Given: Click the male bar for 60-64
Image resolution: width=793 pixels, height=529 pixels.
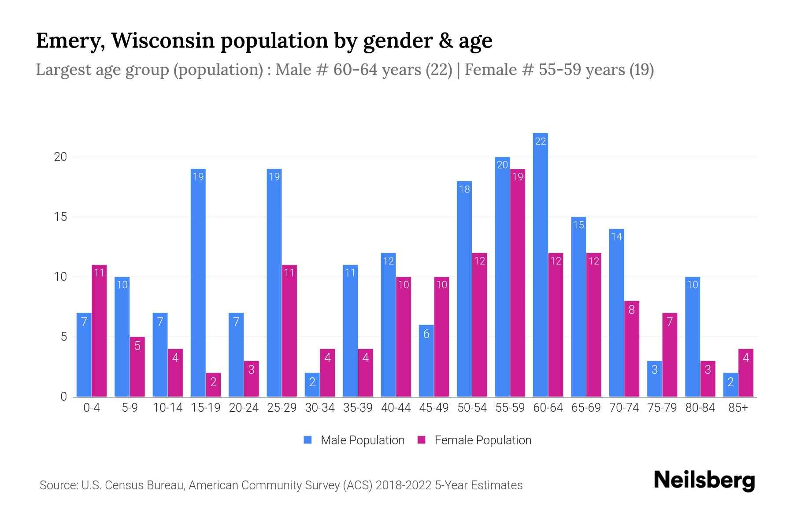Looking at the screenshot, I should coord(540,264).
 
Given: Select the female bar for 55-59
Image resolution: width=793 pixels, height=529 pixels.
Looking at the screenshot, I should coord(518,282).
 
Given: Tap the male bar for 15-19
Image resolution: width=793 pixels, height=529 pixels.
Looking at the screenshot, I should coord(198,282).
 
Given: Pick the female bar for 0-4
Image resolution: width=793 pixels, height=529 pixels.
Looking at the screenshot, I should coord(99,331).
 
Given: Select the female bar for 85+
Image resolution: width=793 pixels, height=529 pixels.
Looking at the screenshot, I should coord(746,373).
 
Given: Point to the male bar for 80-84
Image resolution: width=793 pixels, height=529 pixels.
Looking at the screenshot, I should coord(693,337).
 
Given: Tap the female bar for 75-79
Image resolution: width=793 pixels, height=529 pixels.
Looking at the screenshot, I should coord(670,355).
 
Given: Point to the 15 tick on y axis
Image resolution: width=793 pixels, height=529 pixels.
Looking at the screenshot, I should coord(60,217).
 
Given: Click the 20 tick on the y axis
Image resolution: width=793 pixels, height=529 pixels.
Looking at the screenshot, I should coord(60,157).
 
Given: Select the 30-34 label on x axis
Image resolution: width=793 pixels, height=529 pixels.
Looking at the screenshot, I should coord(320,408).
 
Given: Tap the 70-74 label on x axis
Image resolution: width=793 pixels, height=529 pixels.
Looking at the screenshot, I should coord(624,408).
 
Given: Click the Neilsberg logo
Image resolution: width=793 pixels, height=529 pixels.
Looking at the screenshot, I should coord(704,480).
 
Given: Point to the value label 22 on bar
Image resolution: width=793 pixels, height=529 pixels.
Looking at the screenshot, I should coord(540,141).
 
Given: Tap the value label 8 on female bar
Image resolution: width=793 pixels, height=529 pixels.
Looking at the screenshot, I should coord(631,310).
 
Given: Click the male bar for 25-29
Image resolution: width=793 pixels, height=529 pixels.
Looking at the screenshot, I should coord(274,282).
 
